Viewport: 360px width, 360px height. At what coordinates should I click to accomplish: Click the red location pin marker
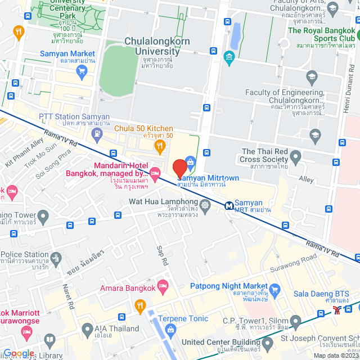[179, 168]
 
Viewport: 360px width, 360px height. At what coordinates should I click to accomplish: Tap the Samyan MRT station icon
[229, 206]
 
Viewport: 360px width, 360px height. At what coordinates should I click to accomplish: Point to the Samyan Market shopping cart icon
[83, 71]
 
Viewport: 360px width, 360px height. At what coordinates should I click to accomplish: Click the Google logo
[19, 353]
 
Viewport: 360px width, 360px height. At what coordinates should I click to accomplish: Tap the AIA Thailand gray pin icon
[87, 328]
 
